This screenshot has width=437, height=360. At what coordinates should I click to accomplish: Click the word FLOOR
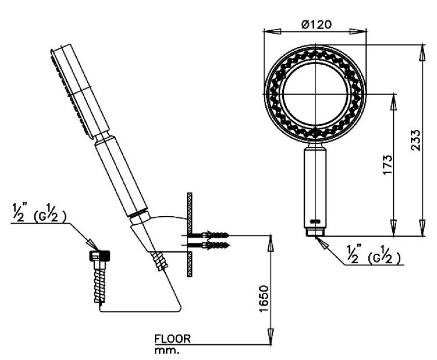[172, 338]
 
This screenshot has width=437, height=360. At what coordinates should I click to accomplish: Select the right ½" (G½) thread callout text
[372, 254]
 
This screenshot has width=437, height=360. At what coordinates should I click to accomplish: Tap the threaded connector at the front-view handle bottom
[316, 231]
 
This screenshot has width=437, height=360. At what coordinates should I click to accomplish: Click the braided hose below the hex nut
[100, 282]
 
